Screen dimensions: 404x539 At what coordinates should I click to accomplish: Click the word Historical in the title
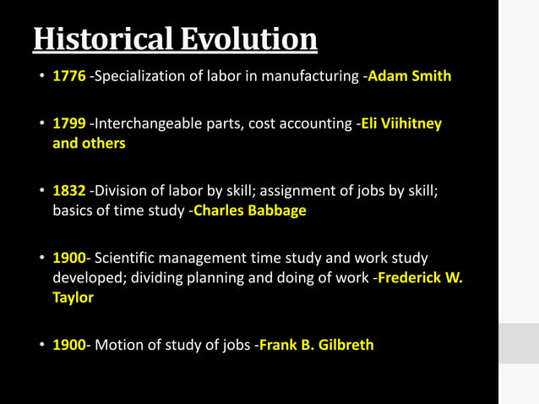pos(102,38)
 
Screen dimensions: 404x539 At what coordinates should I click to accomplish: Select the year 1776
pos(69,76)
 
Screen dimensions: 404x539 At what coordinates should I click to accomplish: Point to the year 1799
pos(69,123)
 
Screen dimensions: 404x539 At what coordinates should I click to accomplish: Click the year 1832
pos(69,190)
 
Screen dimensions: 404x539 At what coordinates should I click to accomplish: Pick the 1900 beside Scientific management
pos(69,258)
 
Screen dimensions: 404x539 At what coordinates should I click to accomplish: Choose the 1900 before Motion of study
pos(69,345)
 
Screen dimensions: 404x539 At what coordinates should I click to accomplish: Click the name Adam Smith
pos(409,76)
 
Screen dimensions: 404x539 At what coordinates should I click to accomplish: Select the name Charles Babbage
pos(249,210)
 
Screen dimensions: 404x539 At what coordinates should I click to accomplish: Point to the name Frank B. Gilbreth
pos(316,345)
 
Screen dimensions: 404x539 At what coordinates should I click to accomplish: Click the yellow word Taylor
pos(73,298)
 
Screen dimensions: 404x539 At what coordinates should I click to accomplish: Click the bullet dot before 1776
pos(41,77)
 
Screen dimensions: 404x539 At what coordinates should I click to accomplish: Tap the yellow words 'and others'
pos(89,144)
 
